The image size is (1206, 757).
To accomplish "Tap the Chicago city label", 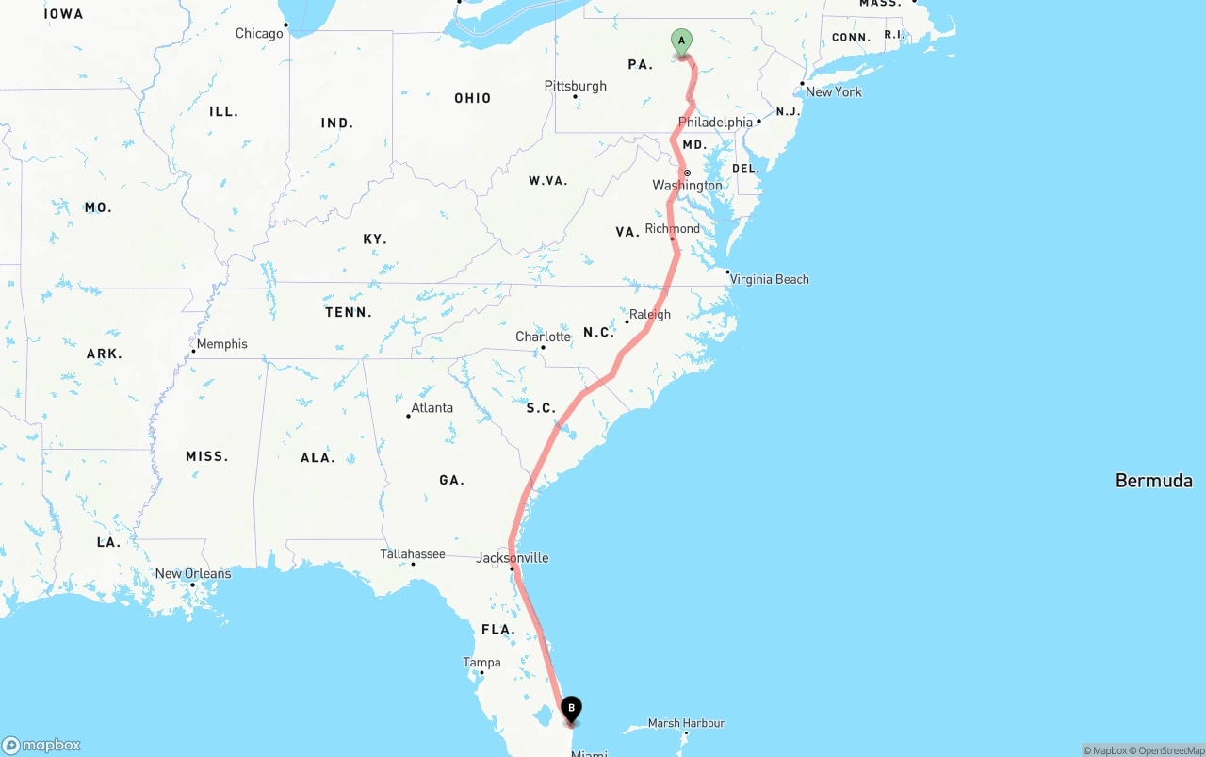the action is [x=259, y=34].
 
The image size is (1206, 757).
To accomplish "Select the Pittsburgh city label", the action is [x=576, y=86].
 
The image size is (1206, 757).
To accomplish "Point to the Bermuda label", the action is [x=1154, y=481].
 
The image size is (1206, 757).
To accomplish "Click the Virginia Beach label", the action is [x=769, y=279].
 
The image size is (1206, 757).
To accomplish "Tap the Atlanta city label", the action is [x=432, y=408].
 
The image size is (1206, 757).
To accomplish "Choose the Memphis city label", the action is [x=221, y=344].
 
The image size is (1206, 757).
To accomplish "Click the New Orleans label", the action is [x=193, y=573].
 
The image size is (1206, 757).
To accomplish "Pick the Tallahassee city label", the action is [x=413, y=554].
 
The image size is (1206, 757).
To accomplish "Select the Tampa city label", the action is [x=481, y=663].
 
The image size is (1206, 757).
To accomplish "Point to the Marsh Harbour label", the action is [x=686, y=723].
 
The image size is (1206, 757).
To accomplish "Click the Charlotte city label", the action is [x=543, y=337].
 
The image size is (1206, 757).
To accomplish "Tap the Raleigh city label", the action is [x=650, y=315].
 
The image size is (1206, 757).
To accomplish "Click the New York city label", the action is [x=834, y=91].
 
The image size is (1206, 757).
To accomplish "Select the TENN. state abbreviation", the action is [x=349, y=312].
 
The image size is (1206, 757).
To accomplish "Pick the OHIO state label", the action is [x=472, y=98].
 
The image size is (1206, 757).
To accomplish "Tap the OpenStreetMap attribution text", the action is [x=1169, y=750].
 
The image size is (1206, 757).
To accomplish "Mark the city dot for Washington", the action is [x=688, y=173].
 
